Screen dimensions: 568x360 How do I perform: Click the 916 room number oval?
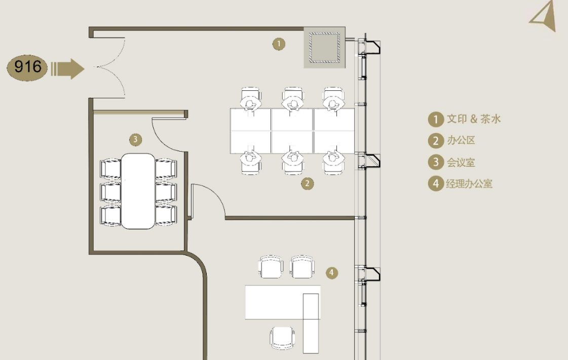27,68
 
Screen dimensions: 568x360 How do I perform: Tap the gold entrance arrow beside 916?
68,68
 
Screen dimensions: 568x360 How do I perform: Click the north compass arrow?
545,16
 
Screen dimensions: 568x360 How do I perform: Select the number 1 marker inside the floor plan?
279,44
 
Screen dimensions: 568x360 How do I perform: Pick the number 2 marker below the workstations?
307,184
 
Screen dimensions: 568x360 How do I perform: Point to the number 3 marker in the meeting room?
135,139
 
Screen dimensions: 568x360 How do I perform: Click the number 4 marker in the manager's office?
331,273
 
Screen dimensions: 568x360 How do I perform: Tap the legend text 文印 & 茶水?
474,119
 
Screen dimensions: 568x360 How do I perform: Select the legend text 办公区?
461,140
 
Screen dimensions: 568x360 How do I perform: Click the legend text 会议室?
461,162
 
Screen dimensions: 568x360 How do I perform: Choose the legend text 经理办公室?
469,184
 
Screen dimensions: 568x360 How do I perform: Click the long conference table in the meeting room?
138,191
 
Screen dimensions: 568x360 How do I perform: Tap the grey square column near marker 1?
325,48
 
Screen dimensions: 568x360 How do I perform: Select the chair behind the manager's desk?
282,338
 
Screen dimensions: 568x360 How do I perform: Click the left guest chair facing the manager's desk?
271,267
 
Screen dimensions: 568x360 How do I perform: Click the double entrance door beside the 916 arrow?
110,67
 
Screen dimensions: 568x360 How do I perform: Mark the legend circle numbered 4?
436,184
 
